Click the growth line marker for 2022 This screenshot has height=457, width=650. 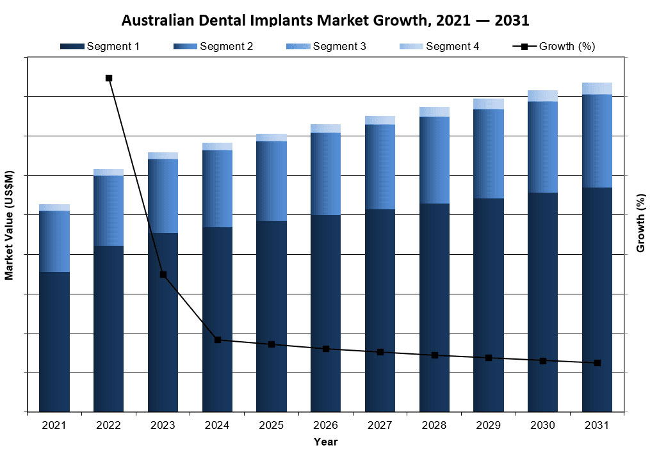pyautogui.click(x=109, y=78)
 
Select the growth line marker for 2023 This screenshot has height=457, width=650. pyautogui.click(x=163, y=275)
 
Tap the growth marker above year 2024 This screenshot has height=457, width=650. pyautogui.click(x=218, y=340)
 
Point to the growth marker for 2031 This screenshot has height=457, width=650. pyautogui.click(x=597, y=363)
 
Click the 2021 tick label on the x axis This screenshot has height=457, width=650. pyautogui.click(x=54, y=426)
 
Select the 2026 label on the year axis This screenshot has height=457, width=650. pyautogui.click(x=326, y=426)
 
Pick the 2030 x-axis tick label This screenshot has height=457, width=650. pyautogui.click(x=543, y=426)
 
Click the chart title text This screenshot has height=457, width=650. pyautogui.click(x=325, y=20)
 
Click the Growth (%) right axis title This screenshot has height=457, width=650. pyautogui.click(x=640, y=223)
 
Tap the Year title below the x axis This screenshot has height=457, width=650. pyautogui.click(x=325, y=442)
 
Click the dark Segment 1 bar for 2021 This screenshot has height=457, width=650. pyautogui.click(x=54, y=342)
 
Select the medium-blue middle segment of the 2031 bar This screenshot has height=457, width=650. pyautogui.click(x=597, y=141)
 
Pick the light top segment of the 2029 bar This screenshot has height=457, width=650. pyautogui.click(x=489, y=104)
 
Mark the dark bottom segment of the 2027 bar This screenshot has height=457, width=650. pyautogui.click(x=380, y=310)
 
